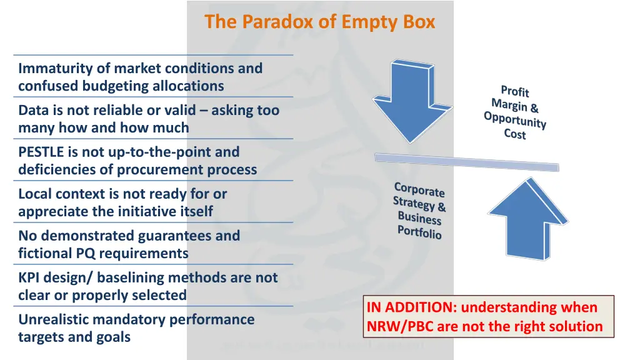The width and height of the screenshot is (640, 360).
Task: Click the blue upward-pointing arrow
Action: click(x=526, y=219)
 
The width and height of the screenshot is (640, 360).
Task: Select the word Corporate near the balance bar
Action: click(x=419, y=189)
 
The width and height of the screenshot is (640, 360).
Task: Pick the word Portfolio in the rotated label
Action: click(x=419, y=232)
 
